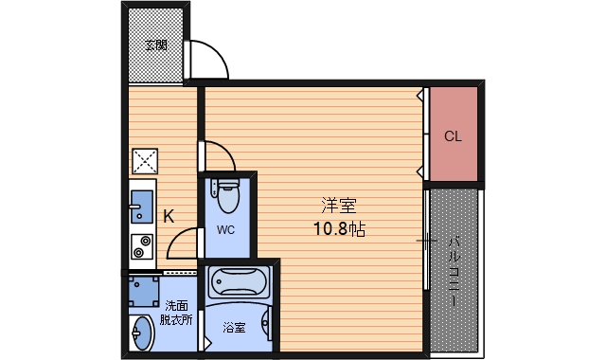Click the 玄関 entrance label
pos(157,45)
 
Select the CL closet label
pos(453,135)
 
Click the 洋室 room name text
pos(339,206)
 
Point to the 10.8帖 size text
pos(339,228)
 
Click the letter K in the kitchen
pos(169,216)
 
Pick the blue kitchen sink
pos(141,205)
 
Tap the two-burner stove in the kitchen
pos(141,245)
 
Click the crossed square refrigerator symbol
pos(144,162)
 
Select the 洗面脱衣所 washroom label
pos(177,313)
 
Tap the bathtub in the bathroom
pos(237,281)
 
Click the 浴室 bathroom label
pos(234,328)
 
